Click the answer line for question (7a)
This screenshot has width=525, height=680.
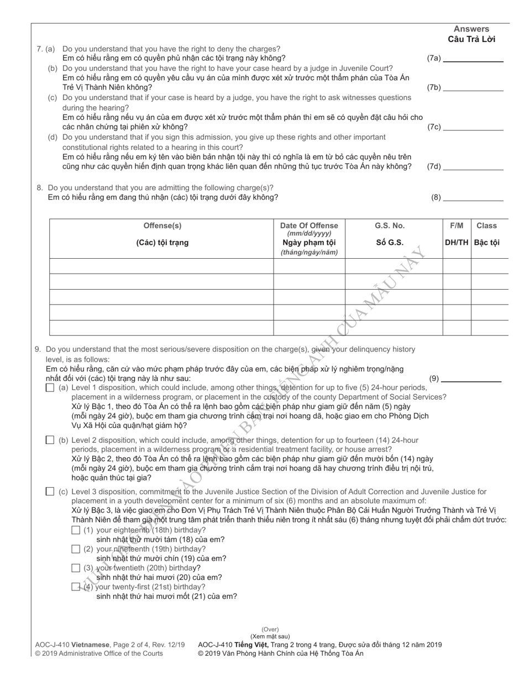473,59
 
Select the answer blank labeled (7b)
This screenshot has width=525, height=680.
473,87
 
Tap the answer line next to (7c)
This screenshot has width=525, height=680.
473,127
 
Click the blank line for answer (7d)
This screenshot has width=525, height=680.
473,167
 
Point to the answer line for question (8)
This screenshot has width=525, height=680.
473,197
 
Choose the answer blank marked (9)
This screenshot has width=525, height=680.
471,379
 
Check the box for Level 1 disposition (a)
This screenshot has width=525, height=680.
50,388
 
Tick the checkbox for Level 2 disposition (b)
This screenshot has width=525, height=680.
50,440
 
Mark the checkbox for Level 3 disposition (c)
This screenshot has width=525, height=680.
50,491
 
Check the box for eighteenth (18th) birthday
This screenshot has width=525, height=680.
76,530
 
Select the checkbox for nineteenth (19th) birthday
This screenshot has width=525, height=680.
76,549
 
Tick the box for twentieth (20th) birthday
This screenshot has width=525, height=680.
76,568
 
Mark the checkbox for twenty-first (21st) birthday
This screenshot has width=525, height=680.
76,587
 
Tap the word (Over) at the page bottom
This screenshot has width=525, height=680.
270,629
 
